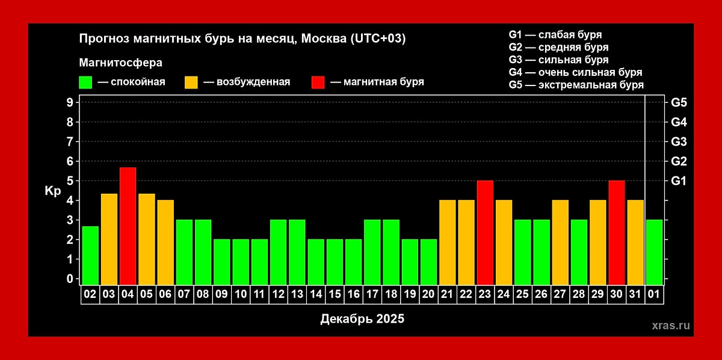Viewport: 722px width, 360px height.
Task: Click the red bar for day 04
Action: [x=128, y=226]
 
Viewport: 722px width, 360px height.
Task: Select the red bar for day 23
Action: [x=485, y=232]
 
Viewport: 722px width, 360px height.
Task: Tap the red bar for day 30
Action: [x=617, y=232]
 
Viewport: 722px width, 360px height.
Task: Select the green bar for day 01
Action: [x=654, y=252]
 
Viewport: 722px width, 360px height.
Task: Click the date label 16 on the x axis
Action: [x=353, y=296]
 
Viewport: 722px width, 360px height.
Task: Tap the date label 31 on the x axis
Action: [x=635, y=296]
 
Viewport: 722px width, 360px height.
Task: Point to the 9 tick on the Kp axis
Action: [x=70, y=102]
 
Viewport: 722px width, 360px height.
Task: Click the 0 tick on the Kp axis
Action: [x=70, y=279]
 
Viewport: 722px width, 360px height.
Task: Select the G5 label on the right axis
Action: [x=678, y=102]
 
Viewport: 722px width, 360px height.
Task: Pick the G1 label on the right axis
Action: [x=678, y=181]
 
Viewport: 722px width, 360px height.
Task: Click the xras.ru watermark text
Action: [x=671, y=325]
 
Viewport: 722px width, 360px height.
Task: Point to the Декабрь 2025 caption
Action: [x=362, y=318]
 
